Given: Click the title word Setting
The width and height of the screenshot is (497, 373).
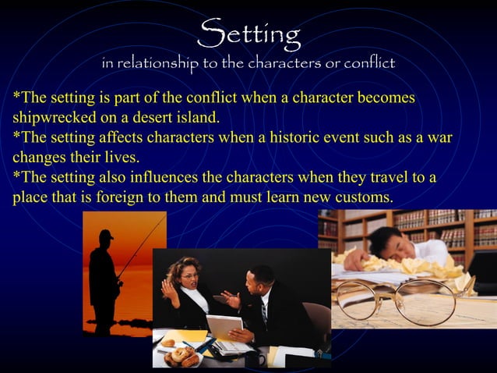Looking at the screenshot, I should [x=248, y=33].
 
